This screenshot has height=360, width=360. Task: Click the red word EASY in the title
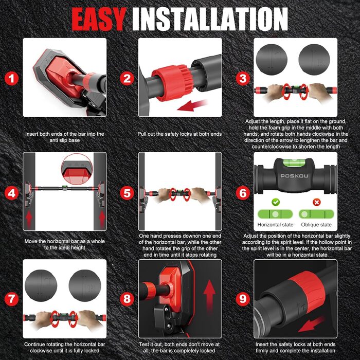(99, 20)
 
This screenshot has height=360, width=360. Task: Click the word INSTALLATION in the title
(210, 20)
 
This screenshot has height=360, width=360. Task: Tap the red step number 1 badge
(11, 79)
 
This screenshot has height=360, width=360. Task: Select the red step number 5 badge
(127, 193)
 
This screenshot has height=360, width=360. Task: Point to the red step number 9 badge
(243, 299)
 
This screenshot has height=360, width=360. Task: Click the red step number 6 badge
(243, 193)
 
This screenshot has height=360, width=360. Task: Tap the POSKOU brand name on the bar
(295, 176)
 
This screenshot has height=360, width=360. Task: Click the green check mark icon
(276, 202)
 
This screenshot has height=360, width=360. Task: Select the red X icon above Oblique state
(317, 202)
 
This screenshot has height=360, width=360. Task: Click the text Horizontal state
(275, 225)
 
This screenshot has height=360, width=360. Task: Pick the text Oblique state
(316, 225)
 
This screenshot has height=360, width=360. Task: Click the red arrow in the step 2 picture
(192, 105)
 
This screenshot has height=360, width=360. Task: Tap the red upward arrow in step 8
(209, 297)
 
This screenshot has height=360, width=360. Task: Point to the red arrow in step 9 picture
(312, 324)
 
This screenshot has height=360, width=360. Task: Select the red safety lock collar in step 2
(170, 83)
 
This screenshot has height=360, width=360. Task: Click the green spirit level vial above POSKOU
(295, 163)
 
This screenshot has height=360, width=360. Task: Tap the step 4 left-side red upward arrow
(29, 220)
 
